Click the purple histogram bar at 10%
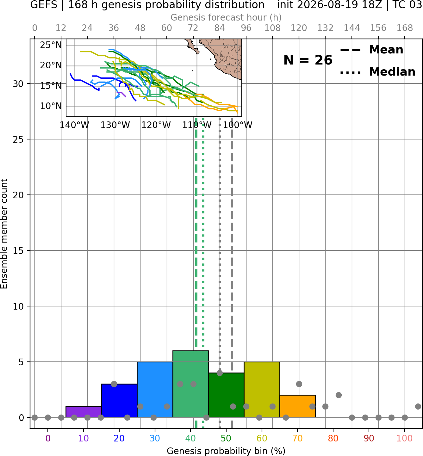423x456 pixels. click(84, 412)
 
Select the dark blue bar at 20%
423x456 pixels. click(119, 400)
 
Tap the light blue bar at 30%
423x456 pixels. click(155, 389)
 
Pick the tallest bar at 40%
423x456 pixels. click(191, 384)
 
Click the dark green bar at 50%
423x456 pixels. click(226, 395)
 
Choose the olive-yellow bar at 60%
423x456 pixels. click(262, 389)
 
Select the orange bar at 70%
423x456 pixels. click(298, 406)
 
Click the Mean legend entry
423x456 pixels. click(371, 50)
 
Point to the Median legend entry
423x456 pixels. click(377, 72)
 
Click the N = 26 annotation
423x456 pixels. click(308, 60)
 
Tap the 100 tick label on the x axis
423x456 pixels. click(404, 438)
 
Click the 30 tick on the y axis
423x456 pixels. click(18, 84)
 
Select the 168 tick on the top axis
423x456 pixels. click(405, 28)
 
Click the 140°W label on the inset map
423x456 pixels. click(74, 125)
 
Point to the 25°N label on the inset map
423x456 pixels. click(51, 45)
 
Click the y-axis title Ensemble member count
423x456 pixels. click(4, 234)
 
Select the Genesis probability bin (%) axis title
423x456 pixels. click(226, 451)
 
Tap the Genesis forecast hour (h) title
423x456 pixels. click(226, 17)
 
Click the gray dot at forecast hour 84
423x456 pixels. click(220, 373)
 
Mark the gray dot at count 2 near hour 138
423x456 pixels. click(339, 395)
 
